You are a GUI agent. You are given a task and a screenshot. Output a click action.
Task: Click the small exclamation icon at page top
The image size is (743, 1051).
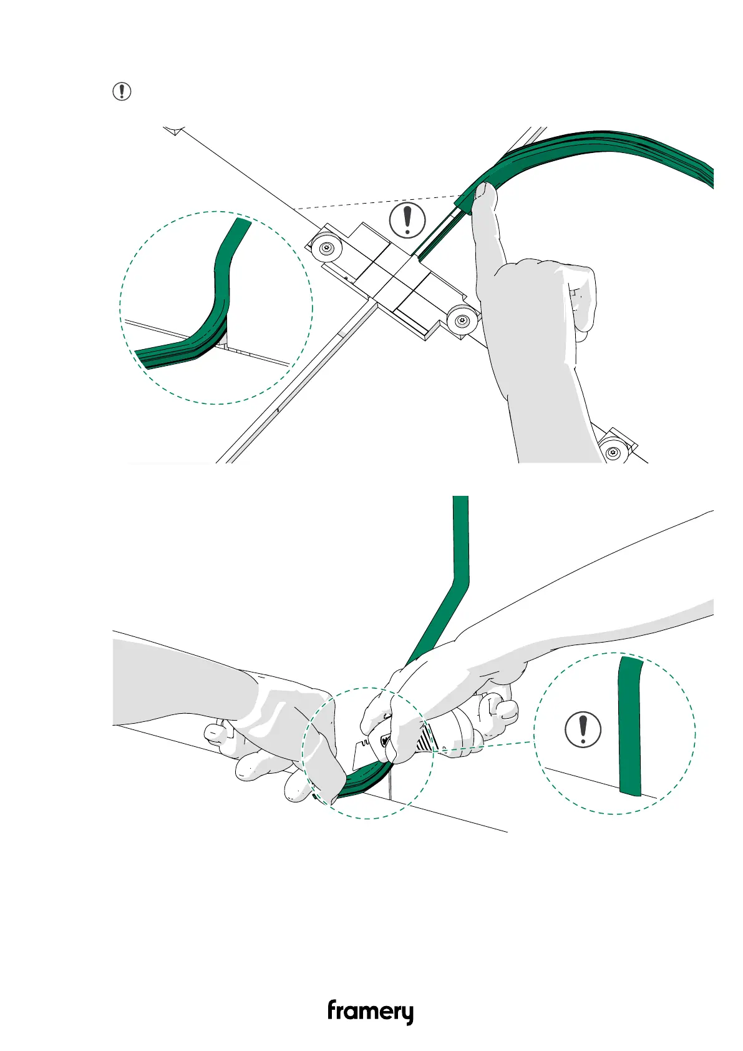coord(122,92)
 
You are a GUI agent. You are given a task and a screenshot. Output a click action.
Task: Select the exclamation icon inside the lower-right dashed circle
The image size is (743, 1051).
coord(583,729)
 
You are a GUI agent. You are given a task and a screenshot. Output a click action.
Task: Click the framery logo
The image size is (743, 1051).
coord(371,1011)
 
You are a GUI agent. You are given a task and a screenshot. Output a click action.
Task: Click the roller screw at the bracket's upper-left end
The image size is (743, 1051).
coord(326,249)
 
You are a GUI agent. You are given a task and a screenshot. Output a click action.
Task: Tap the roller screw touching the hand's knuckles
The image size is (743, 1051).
coord(462,320)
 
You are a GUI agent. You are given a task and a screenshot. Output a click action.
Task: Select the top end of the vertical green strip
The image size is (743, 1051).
coord(460,500)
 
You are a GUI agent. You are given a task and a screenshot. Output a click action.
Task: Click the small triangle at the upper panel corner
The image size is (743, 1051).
coord(177,131)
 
